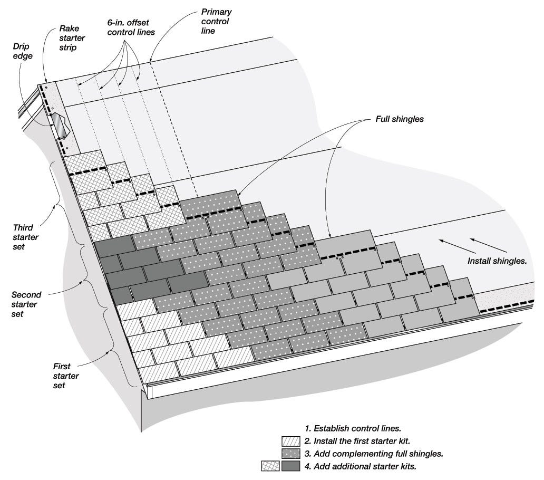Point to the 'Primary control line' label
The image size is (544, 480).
[x=216, y=21]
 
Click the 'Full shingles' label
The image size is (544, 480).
[x=399, y=119]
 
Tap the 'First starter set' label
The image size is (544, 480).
[x=66, y=376]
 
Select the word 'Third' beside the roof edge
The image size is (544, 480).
[x=23, y=228]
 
